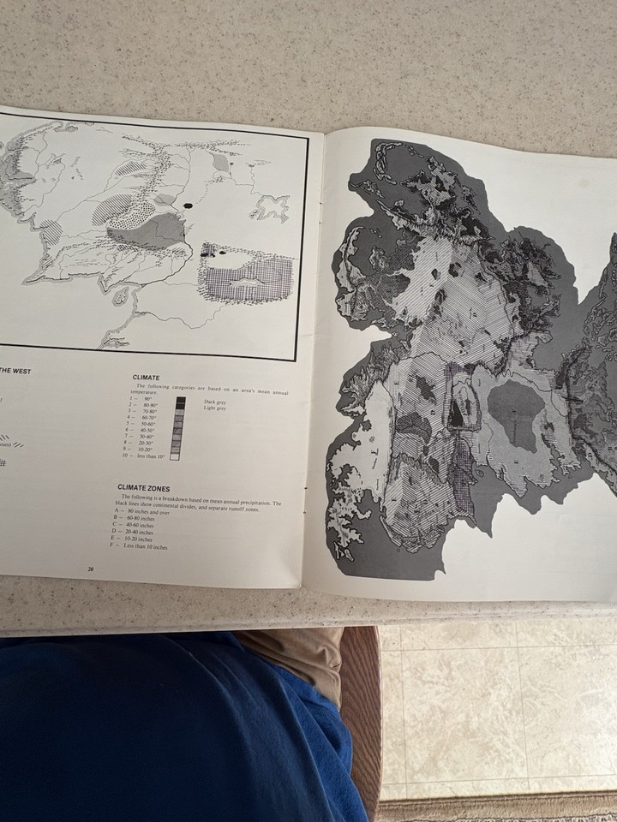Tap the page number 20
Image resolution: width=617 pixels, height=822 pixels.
point(91,568)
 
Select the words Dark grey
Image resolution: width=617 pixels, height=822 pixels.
point(214,401)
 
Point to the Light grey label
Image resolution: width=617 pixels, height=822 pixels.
point(214,408)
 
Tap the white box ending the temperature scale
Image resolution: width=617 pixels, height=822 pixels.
point(175,456)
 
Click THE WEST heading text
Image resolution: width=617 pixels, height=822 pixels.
point(15,370)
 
